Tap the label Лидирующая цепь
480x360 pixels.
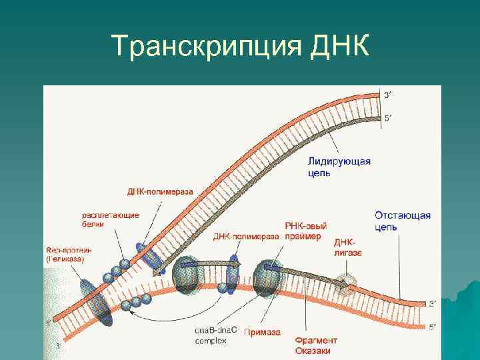coord(339,167)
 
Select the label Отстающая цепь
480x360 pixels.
coord(402,221)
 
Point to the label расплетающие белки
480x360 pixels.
coord(110,220)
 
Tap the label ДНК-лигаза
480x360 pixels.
coord(347,247)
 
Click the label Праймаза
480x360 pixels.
coord(262,331)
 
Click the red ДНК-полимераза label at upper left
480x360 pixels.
coord(160,191)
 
